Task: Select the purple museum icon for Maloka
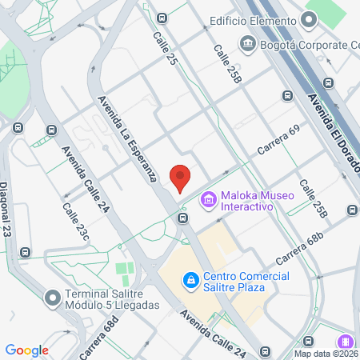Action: coord(209,198)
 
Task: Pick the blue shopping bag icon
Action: coord(190,280)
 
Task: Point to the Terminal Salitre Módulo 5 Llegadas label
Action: coord(114,298)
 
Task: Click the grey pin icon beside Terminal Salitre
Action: coord(53,298)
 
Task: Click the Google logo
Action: coord(26,350)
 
